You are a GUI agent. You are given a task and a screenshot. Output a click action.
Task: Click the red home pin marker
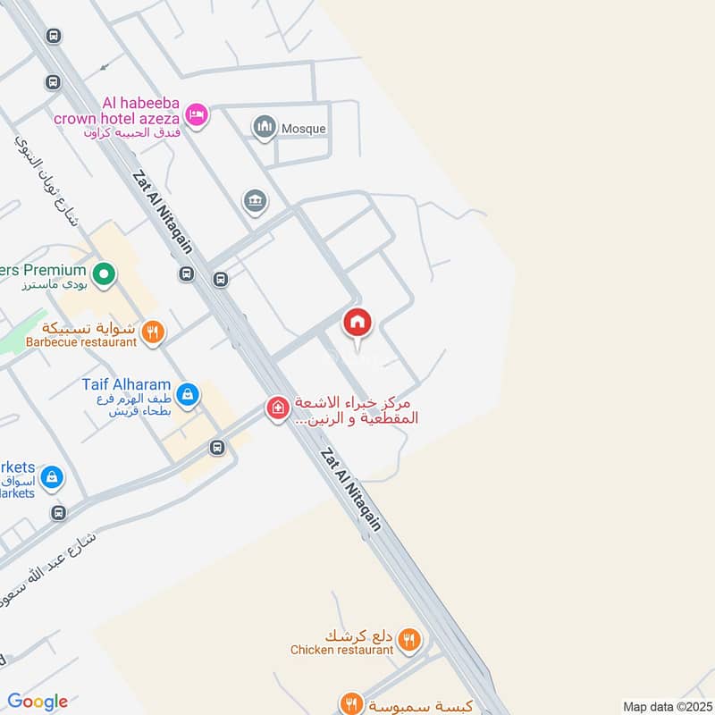357,323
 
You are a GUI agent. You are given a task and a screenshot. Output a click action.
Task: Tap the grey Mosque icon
264,128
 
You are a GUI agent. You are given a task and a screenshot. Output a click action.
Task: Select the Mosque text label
304,129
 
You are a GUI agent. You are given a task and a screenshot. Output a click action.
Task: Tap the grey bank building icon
255,201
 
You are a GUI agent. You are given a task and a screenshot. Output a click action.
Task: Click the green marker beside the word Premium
104,273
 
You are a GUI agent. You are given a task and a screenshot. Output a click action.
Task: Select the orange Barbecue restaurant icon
153,333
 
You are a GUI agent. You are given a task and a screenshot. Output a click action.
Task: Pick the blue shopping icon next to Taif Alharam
188,393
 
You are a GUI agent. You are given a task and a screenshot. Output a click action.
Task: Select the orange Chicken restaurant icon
410,639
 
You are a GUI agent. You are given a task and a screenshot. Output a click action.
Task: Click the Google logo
38,702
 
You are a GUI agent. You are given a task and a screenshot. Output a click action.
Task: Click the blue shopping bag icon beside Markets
52,476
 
